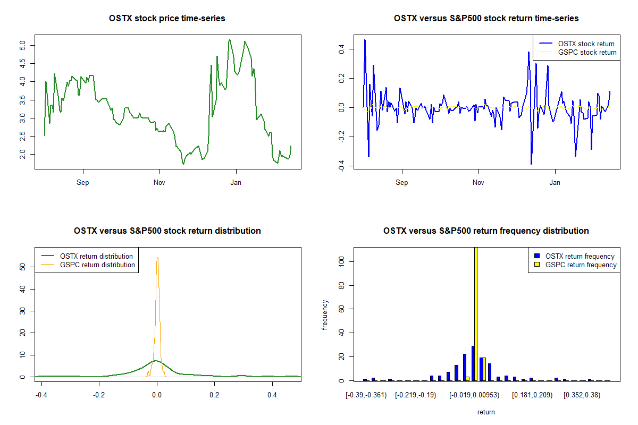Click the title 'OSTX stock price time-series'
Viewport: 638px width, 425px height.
tap(167, 19)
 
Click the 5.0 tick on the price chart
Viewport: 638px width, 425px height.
tap(23, 45)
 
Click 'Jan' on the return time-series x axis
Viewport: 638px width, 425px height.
tap(555, 183)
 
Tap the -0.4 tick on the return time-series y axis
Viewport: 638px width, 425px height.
tap(342, 167)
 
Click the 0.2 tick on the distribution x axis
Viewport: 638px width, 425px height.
tap(214, 395)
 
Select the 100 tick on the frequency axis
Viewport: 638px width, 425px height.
tap(342, 261)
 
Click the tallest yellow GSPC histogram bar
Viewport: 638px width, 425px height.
tap(475, 313)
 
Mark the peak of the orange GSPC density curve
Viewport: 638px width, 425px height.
tap(157, 258)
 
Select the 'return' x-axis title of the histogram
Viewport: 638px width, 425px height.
tap(486, 412)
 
